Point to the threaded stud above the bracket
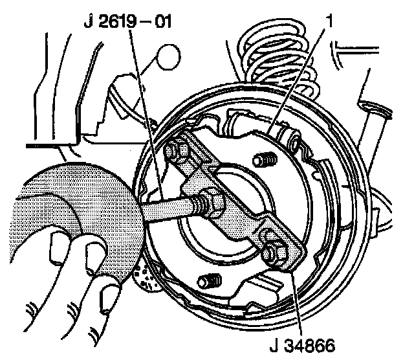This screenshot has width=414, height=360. pos(262,159)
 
